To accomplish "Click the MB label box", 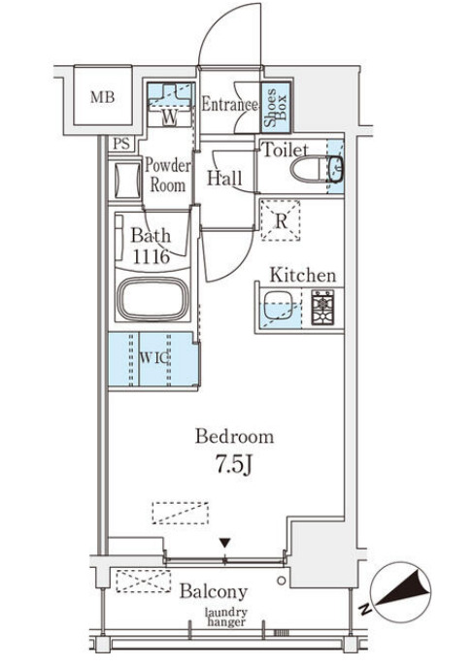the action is click(x=103, y=96).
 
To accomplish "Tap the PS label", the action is click(x=121, y=144).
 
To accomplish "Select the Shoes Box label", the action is click(x=275, y=108).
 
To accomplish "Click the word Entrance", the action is click(x=229, y=104).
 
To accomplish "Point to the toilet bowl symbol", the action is click(x=308, y=169).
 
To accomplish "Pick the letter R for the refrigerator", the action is click(x=281, y=221).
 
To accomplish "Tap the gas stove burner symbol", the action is click(x=322, y=307).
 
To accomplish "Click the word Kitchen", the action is click(x=303, y=275).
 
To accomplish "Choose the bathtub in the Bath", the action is click(x=153, y=299).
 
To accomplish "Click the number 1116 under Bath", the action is click(x=152, y=256).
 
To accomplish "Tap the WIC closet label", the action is click(x=153, y=358).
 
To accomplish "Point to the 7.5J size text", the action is click(x=233, y=464).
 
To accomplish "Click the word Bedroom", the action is click(x=234, y=437).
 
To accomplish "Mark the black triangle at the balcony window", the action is click(x=225, y=543).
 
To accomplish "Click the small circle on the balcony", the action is click(x=281, y=581).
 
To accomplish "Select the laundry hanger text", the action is click(x=226, y=618).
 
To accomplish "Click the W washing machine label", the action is click(x=169, y=117).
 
